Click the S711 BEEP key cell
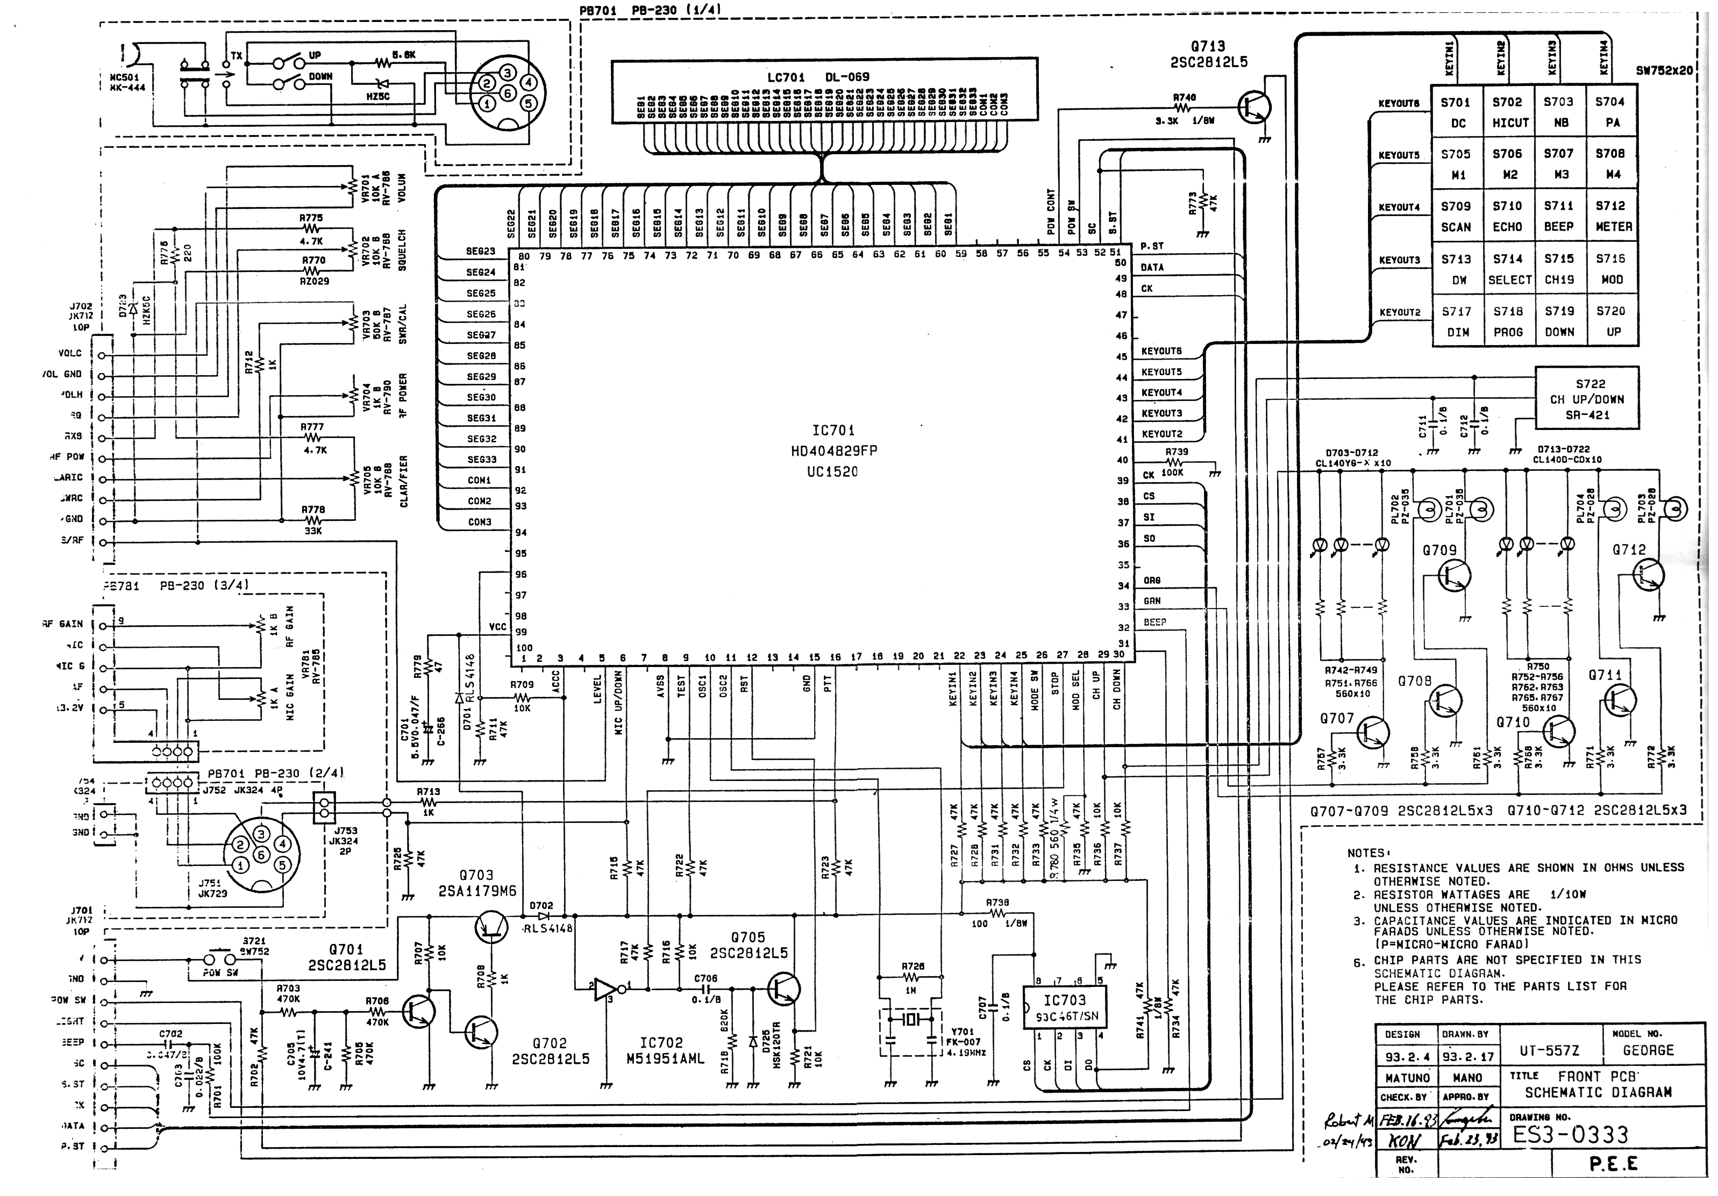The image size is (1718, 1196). (x=1559, y=216)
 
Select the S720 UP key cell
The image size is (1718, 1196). (x=1611, y=321)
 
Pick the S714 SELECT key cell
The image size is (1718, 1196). (x=1508, y=269)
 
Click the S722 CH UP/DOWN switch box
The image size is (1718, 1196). (x=1586, y=399)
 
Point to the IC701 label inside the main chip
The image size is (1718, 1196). (x=833, y=430)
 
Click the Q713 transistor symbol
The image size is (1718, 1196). (x=1254, y=106)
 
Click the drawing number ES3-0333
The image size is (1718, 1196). (x=1570, y=1135)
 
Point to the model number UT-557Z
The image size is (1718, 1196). (x=1549, y=1050)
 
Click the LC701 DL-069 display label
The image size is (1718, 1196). (x=818, y=77)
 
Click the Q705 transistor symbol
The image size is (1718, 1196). (x=783, y=989)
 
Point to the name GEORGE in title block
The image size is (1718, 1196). (x=1648, y=1050)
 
